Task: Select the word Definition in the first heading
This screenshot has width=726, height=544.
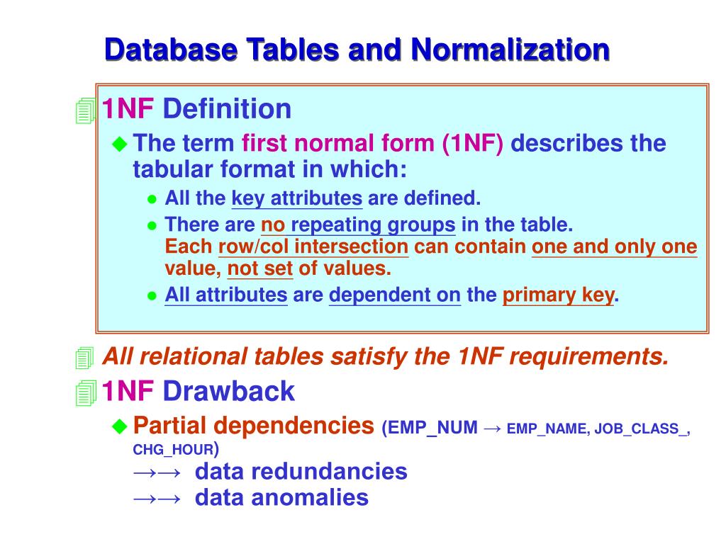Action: pos(227,109)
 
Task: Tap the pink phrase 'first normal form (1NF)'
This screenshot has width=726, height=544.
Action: pos(372,144)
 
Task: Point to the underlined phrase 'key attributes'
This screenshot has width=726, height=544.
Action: pos(297,198)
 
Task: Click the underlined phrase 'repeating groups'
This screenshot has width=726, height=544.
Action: pos(373,225)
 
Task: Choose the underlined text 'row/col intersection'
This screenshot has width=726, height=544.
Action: pos(313,247)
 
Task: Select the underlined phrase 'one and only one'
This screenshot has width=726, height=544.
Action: pos(614,247)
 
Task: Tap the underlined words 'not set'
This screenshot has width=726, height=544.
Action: pos(259,269)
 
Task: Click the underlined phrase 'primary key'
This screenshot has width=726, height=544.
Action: pos(558,295)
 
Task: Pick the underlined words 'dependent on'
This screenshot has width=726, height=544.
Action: pos(395,295)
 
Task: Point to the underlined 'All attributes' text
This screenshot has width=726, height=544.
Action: pos(225,295)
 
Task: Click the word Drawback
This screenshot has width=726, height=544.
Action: pos(228,391)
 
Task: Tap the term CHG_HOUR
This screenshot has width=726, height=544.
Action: pos(173,450)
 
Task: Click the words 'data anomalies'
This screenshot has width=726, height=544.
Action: pos(281,497)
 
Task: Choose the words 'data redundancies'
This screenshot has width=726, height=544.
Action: pos(301,471)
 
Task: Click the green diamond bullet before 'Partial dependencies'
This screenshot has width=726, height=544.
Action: pos(120,425)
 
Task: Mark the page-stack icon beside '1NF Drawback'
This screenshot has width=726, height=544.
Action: pos(85,392)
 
